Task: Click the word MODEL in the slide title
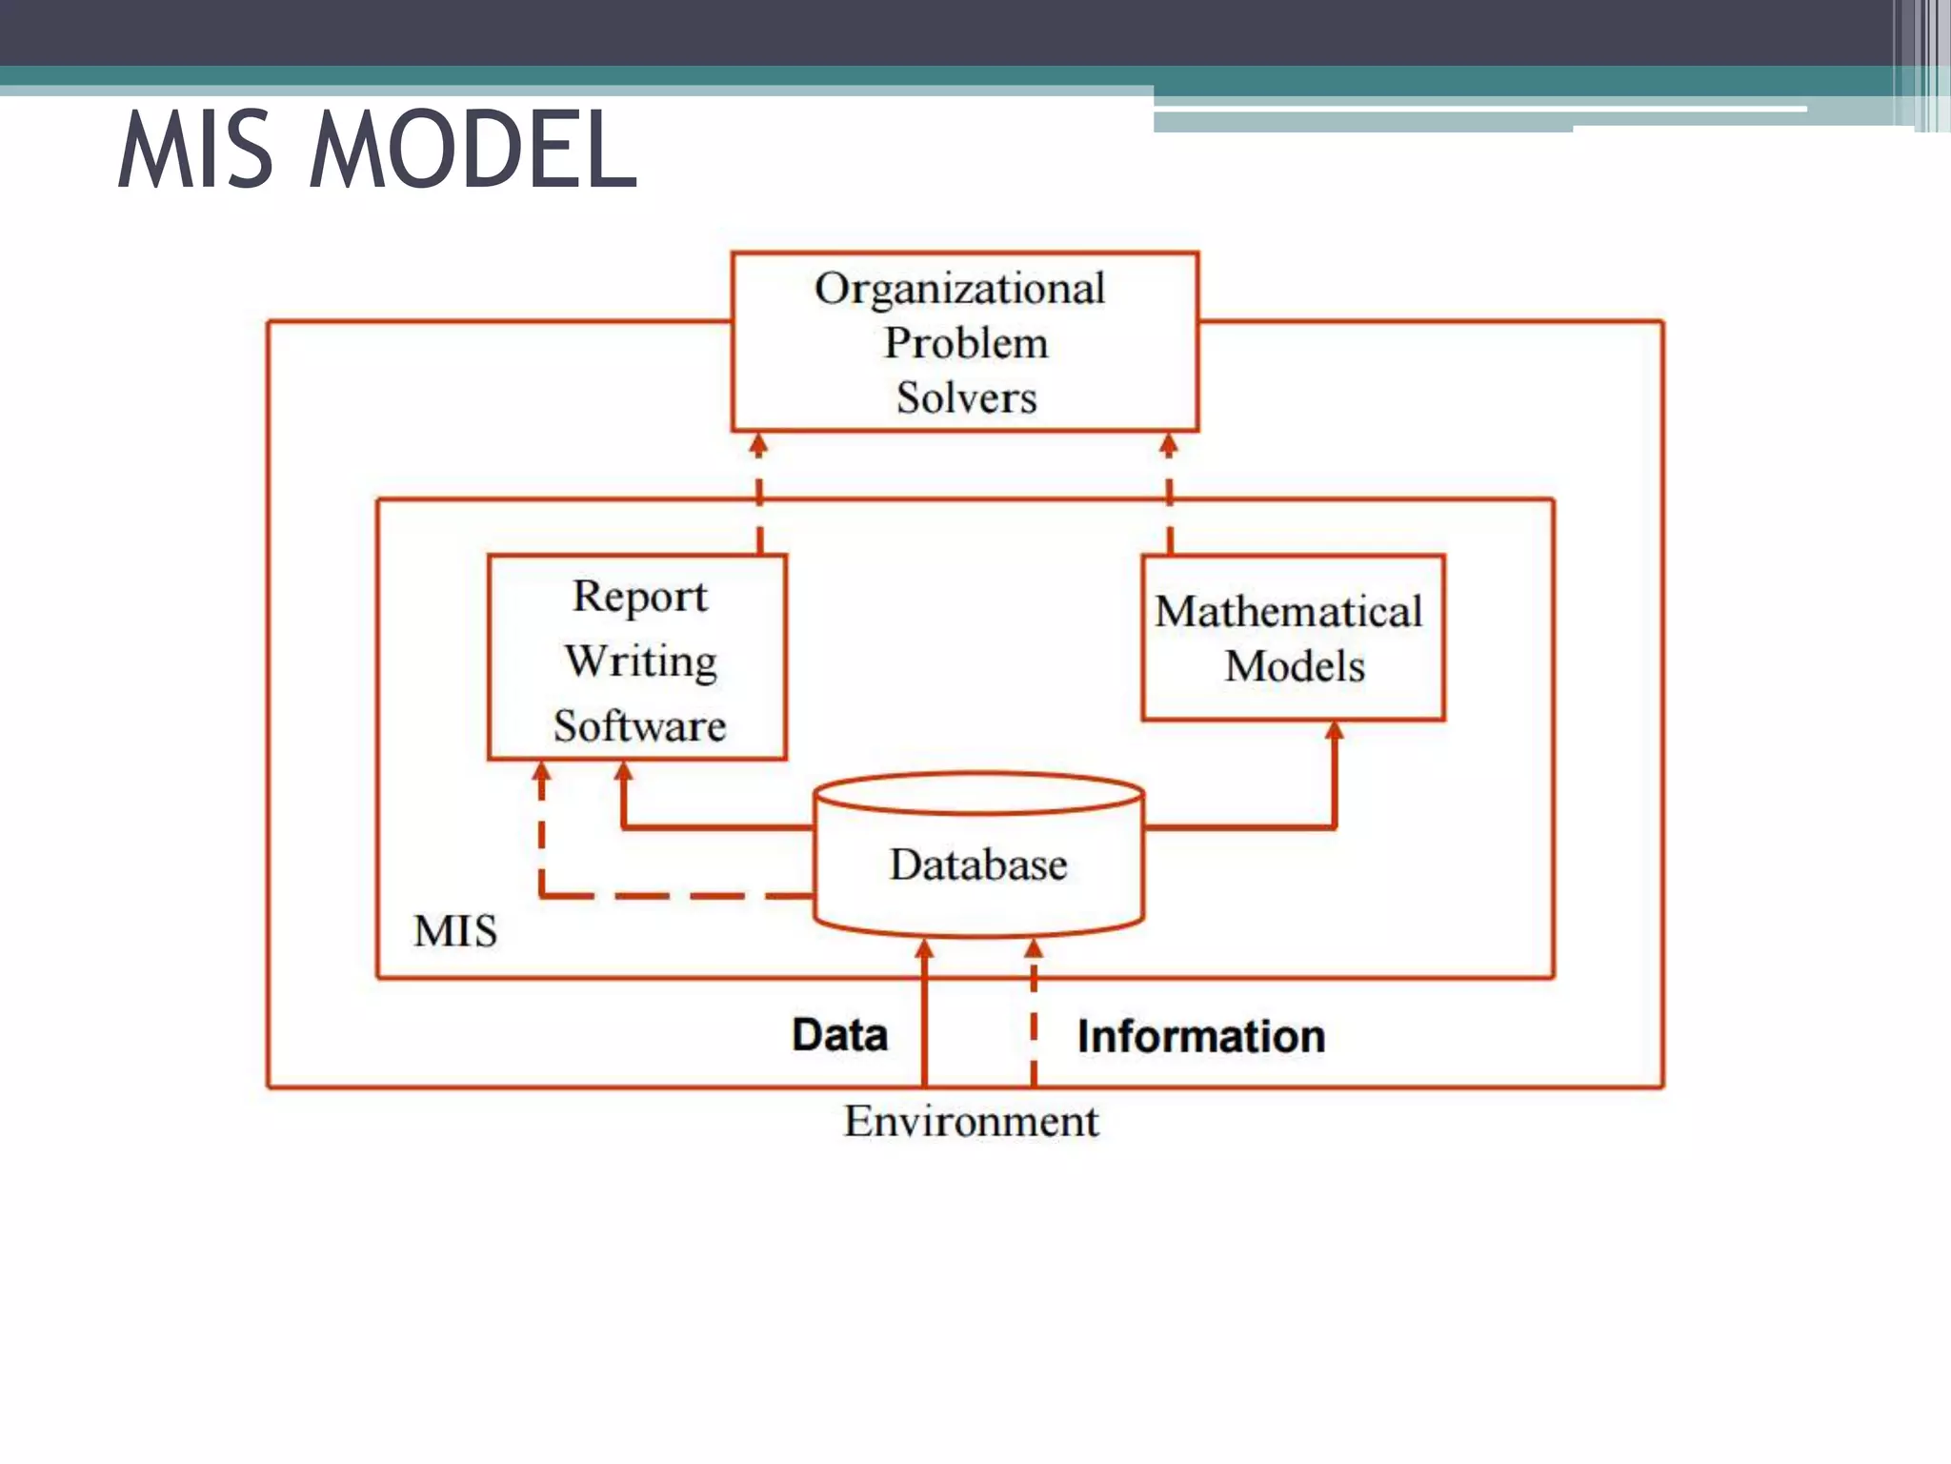click(x=473, y=150)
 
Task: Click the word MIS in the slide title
click(x=196, y=150)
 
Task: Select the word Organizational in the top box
click(x=960, y=289)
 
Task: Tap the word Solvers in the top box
click(x=966, y=397)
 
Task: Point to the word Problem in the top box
click(x=966, y=343)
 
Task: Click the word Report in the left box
click(x=639, y=597)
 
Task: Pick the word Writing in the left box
click(x=640, y=661)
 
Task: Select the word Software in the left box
click(x=639, y=726)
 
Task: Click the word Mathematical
click(x=1288, y=611)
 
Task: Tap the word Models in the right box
click(x=1295, y=666)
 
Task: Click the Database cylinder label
click(x=978, y=864)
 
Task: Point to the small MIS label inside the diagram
click(x=455, y=931)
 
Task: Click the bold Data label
click(x=839, y=1035)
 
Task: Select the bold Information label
click(x=1201, y=1037)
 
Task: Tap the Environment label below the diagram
click(x=971, y=1122)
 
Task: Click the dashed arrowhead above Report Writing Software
click(x=758, y=444)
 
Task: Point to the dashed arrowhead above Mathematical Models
click(x=1169, y=444)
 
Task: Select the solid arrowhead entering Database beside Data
click(x=924, y=948)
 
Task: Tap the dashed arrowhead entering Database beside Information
click(x=1034, y=948)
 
